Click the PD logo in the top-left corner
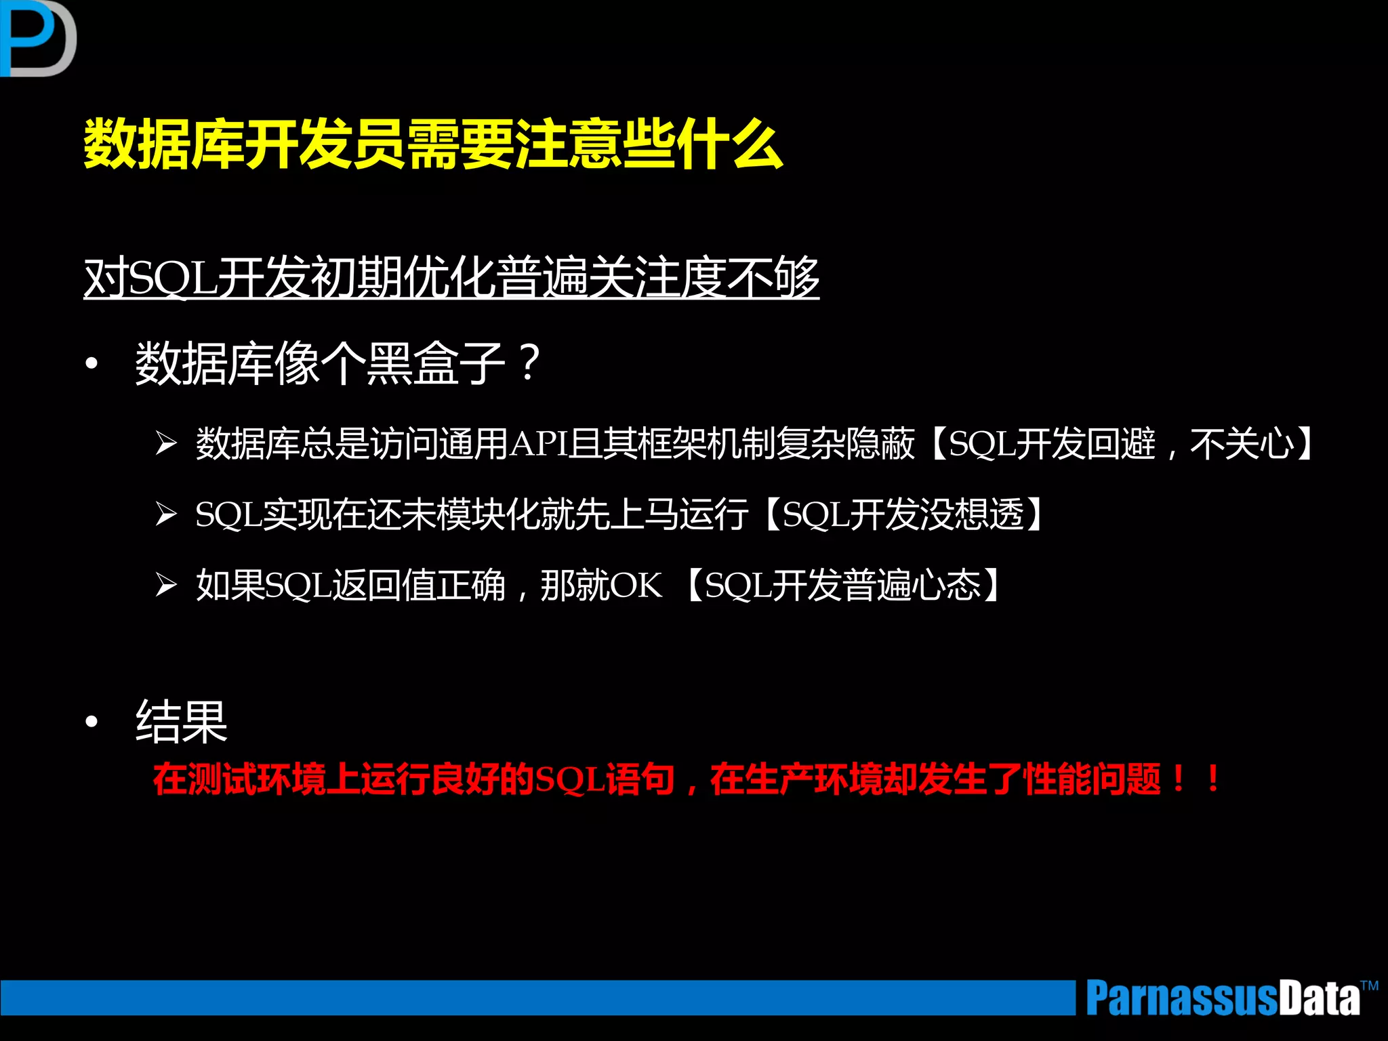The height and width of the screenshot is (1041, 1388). pyautogui.click(x=37, y=38)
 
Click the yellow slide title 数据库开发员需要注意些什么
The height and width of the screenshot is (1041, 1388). pyautogui.click(x=433, y=144)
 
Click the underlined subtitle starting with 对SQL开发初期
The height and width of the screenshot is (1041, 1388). pyautogui.click(x=451, y=278)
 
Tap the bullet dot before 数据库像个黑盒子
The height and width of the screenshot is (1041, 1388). pyautogui.click(x=91, y=364)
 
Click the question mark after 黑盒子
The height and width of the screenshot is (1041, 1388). pyautogui.click(x=529, y=363)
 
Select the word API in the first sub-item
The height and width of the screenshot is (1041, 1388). pyautogui.click(x=538, y=444)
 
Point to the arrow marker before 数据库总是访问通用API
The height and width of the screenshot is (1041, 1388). pyautogui.click(x=166, y=444)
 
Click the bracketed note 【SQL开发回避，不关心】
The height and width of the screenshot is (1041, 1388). pyautogui.click(x=1122, y=444)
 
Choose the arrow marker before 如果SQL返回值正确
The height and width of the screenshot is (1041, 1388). pyautogui.click(x=166, y=584)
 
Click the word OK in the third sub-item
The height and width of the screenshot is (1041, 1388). pyautogui.click(x=636, y=585)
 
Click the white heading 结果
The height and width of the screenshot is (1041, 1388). pyautogui.click(x=181, y=722)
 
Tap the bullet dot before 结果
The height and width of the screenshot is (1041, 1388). pyautogui.click(x=91, y=722)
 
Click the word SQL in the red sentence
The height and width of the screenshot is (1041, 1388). pyautogui.click(x=569, y=780)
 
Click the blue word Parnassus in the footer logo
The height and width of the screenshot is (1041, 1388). pyautogui.click(x=1183, y=998)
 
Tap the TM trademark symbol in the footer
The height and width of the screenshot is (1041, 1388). pyautogui.click(x=1369, y=986)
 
